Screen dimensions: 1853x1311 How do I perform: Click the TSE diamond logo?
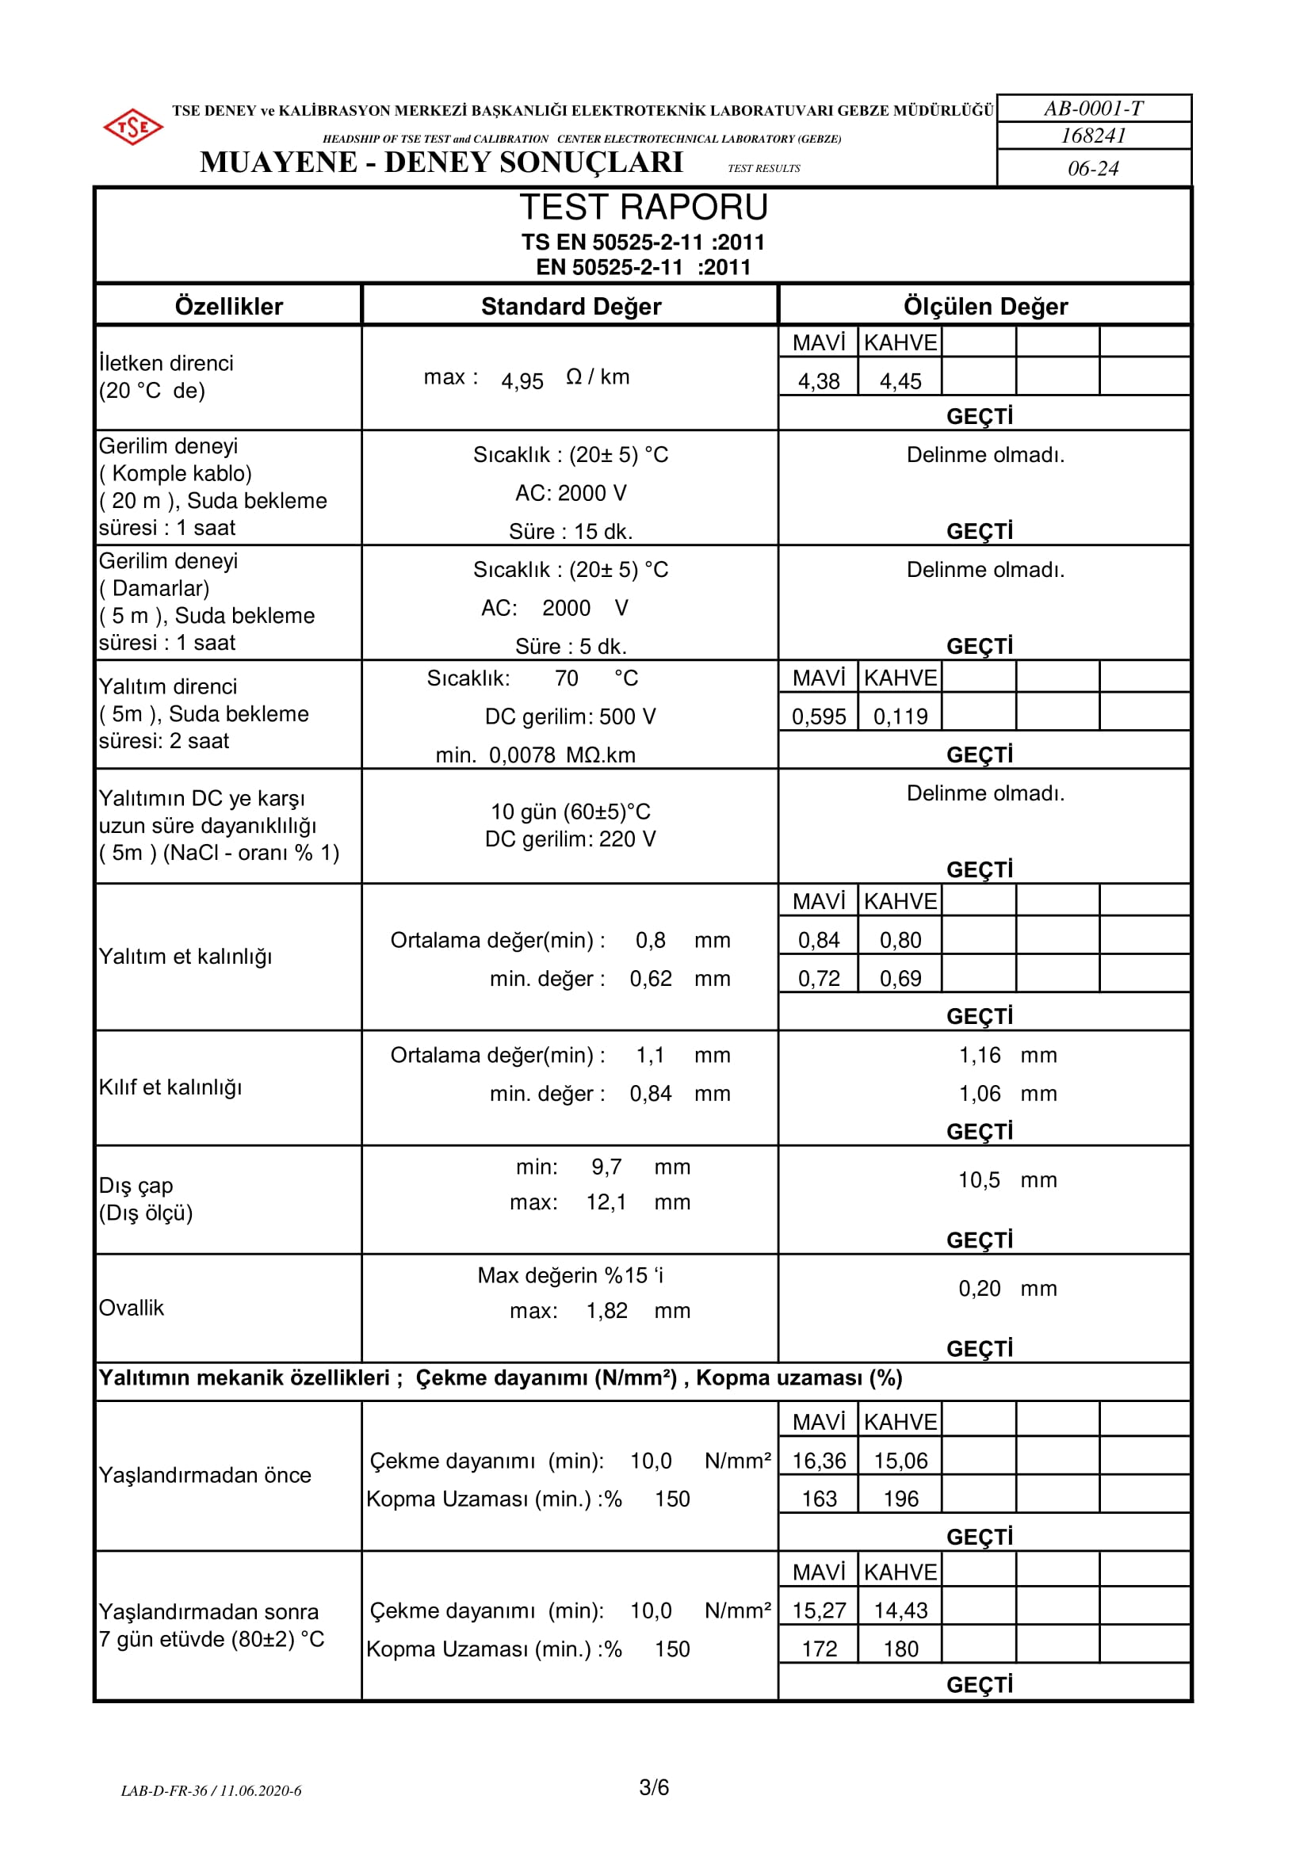[x=133, y=127]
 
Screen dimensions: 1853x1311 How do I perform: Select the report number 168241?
[x=1093, y=136]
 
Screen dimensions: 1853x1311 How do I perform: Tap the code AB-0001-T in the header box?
[x=1093, y=108]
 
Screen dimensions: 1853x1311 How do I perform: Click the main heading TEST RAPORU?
[x=643, y=208]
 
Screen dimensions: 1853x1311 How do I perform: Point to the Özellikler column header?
[x=228, y=306]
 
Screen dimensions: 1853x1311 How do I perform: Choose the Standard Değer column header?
[x=571, y=306]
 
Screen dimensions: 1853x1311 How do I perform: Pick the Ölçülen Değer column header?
[x=985, y=306]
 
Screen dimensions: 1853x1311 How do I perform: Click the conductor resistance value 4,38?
[x=819, y=381]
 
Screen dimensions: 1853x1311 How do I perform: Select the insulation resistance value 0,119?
[x=900, y=716]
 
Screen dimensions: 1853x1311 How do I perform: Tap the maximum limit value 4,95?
[x=522, y=381]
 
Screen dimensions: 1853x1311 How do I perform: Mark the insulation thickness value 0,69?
[x=900, y=978]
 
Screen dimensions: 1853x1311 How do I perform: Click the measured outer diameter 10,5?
[x=978, y=1180]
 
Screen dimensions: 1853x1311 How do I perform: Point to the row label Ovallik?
[x=131, y=1308]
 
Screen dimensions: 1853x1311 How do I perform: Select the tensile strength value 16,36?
[x=819, y=1461]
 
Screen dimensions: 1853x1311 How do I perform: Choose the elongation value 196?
[x=900, y=1499]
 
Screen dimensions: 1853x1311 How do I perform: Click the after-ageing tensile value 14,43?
[x=900, y=1610]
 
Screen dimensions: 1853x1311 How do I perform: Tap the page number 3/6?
[x=654, y=1788]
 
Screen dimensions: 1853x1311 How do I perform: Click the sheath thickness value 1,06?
[x=978, y=1094]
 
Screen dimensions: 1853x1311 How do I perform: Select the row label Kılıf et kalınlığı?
[x=170, y=1087]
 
